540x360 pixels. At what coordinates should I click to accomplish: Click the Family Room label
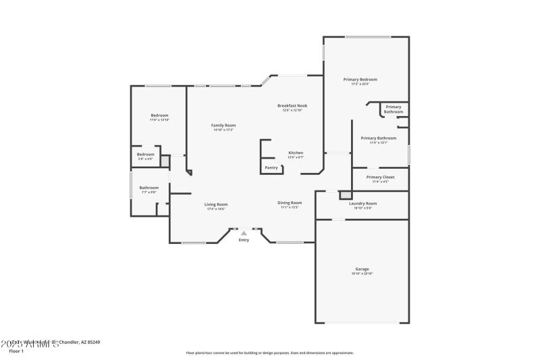(223, 126)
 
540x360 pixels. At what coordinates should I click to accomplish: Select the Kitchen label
(296, 153)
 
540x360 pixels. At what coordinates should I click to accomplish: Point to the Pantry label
(271, 168)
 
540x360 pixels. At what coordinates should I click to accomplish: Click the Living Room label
(217, 204)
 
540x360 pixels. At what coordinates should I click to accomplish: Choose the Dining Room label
(290, 203)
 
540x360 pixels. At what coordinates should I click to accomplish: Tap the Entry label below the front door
(244, 240)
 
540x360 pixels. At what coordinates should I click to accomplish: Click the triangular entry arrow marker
(244, 233)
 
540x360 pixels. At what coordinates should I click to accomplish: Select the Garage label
(362, 269)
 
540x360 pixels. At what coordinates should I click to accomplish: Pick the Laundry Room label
(362, 203)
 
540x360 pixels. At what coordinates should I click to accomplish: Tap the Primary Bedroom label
(360, 80)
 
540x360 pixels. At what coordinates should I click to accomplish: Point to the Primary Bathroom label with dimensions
(378, 138)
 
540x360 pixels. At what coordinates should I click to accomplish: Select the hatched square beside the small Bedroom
(164, 161)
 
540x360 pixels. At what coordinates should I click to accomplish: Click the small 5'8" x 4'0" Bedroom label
(146, 155)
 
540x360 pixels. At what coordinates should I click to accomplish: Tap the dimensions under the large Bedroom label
(159, 120)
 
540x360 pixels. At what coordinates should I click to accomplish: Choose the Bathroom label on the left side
(149, 188)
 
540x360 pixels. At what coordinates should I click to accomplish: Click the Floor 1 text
(16, 351)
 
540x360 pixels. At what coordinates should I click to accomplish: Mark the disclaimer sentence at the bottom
(269, 353)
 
